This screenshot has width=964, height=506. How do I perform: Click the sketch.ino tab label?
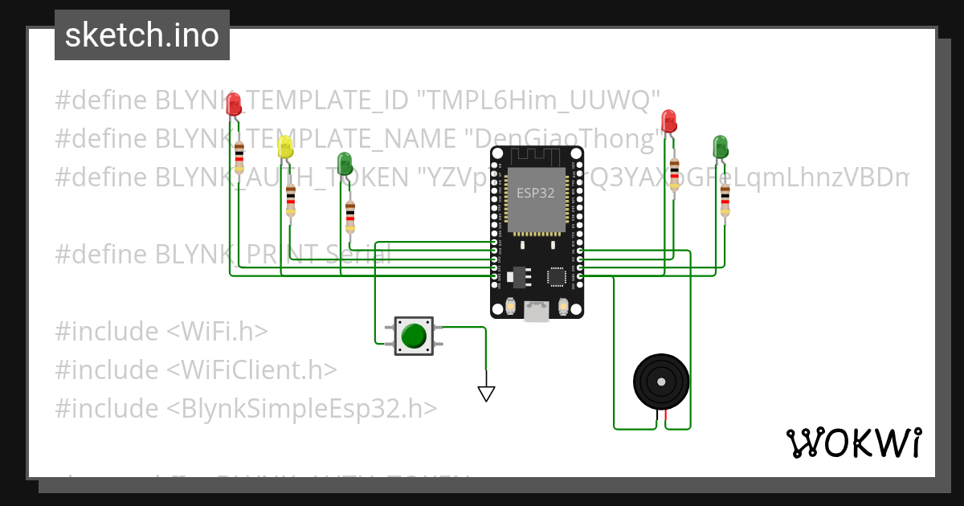(x=142, y=35)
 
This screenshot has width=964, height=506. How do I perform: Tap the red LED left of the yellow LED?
(x=234, y=104)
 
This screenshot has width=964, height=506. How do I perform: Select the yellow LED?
(x=285, y=147)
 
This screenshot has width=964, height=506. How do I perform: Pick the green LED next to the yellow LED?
(x=345, y=163)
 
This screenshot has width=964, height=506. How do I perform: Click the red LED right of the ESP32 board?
(x=668, y=121)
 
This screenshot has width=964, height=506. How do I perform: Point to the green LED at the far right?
(x=720, y=146)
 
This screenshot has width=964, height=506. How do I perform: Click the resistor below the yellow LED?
(x=291, y=200)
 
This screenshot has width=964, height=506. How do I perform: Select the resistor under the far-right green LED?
(x=725, y=200)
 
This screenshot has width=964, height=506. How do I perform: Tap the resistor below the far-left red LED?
(x=239, y=157)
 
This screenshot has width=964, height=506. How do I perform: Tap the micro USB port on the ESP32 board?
(x=537, y=312)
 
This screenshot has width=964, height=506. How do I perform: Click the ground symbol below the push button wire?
(x=486, y=394)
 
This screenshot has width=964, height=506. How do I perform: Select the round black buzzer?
(x=661, y=382)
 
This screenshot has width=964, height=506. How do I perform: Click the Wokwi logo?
(x=853, y=443)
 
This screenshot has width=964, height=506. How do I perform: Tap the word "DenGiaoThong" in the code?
(x=562, y=139)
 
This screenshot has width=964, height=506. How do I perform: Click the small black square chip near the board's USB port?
(x=557, y=276)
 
